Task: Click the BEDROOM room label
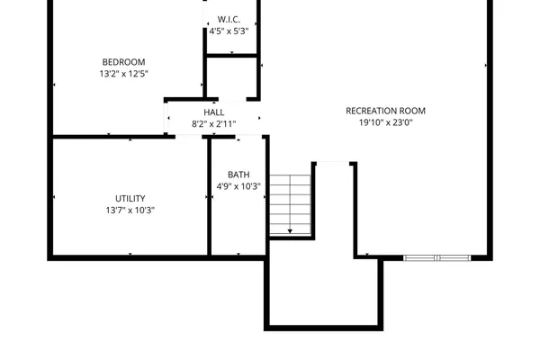coord(123,62)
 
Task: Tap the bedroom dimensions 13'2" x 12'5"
coord(123,75)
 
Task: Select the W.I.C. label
coord(229,19)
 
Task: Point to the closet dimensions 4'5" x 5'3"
coord(229,31)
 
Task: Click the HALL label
coord(213,112)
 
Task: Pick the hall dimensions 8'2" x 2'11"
coord(213,124)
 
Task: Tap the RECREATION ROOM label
coord(385,111)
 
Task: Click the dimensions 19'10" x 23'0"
coord(385,124)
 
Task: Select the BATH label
coord(238,175)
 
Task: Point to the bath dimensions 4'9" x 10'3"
coord(238,187)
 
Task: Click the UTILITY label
coord(130,199)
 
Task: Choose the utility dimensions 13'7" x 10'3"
coord(130,211)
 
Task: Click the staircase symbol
coord(290,203)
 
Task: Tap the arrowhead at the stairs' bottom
coord(290,232)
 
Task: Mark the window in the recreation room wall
coord(436,258)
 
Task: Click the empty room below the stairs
coord(322,292)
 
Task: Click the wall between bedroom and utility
coord(108,137)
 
